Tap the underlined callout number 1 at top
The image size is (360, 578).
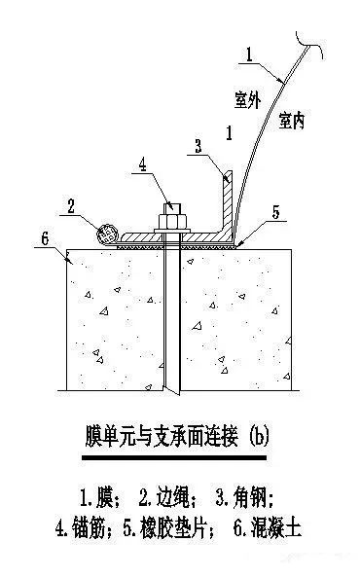(250, 57)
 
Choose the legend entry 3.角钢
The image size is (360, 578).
(245, 498)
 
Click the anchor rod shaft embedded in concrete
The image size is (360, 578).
(171, 321)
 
